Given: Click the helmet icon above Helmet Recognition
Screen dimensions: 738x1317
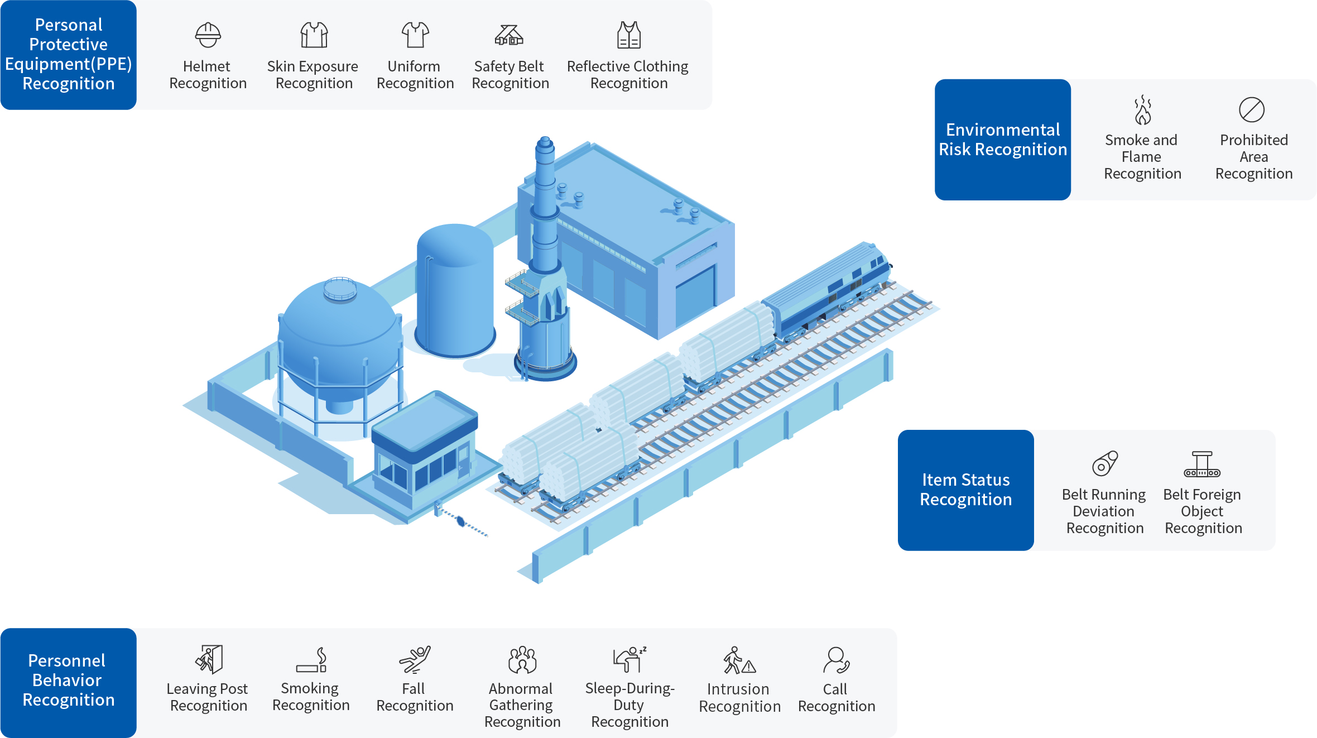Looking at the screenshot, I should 208,35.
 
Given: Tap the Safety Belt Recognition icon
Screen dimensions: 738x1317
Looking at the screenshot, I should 509,35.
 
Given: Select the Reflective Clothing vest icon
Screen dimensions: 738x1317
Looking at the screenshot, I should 629,35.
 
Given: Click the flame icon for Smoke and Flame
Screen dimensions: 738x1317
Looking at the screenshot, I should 1142,109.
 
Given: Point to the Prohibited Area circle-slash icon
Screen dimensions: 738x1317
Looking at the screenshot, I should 1252,109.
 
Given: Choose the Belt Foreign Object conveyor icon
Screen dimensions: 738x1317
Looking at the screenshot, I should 1202,464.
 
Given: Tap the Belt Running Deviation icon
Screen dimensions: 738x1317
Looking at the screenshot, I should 1105,463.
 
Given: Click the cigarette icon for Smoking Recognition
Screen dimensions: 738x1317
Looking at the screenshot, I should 311,660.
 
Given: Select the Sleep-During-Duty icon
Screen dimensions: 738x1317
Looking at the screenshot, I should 629,659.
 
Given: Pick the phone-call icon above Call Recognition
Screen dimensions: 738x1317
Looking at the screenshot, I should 836,660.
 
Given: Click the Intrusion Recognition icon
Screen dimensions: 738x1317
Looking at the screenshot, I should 739,660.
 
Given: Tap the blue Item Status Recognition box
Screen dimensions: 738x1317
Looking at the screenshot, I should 965,490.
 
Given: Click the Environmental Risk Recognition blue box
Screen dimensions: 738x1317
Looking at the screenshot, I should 1002,140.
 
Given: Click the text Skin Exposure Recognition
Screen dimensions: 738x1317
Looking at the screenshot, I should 313,75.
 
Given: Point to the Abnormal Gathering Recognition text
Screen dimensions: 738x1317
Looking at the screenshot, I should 522,705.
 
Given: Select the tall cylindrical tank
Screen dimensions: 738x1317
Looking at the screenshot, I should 455,290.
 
